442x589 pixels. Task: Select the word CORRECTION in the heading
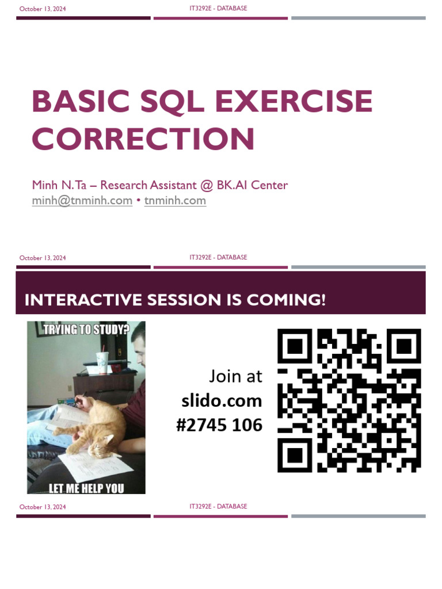tap(143, 139)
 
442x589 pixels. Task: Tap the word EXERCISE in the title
tap(294, 101)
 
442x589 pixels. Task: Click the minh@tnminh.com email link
tap(82, 201)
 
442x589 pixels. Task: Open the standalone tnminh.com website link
tap(175, 201)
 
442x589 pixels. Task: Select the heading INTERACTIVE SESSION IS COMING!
tap(175, 300)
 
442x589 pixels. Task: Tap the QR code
tap(349, 400)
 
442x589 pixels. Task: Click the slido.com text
tap(222, 401)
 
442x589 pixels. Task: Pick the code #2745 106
tap(219, 426)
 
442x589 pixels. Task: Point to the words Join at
tap(235, 376)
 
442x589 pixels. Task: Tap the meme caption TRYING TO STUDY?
tap(86, 330)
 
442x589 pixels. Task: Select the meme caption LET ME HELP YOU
tap(86, 488)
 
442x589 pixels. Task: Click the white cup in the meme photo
tap(102, 362)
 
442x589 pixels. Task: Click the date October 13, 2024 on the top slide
tap(43, 9)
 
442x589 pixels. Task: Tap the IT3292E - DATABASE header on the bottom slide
tap(218, 506)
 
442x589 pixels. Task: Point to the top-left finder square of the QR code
tap(295, 346)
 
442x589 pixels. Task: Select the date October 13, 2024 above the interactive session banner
tap(43, 258)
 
